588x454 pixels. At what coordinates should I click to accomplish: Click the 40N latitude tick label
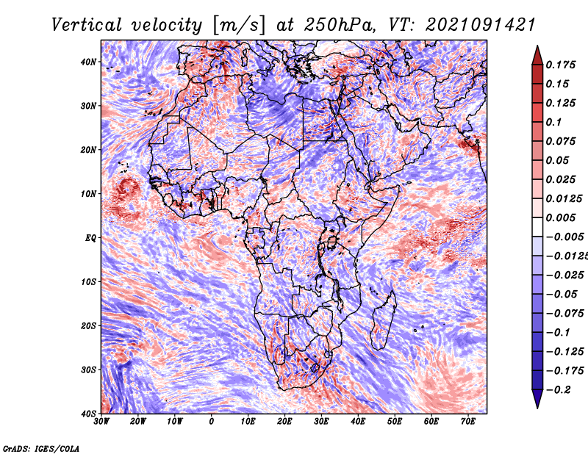88,62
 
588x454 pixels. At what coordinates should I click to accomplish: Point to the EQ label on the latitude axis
90,238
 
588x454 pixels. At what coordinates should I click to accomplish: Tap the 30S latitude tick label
88,370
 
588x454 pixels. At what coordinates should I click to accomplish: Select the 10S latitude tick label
88,282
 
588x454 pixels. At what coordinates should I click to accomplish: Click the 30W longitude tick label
101,422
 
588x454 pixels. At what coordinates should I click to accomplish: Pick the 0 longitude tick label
212,422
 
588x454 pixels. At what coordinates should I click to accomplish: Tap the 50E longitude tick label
395,422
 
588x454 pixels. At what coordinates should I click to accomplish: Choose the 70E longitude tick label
467,422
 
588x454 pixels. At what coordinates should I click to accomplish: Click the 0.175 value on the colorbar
560,65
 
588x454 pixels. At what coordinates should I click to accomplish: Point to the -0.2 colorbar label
559,390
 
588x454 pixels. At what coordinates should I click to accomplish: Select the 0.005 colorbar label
560,217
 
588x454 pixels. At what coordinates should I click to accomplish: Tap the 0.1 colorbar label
553,122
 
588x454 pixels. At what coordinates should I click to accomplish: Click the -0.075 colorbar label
565,314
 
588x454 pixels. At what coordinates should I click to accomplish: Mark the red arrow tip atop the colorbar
537,46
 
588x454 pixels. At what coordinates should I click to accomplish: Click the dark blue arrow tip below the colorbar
537,408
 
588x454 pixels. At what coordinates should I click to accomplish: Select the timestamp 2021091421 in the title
481,25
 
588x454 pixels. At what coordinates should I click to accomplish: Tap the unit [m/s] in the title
238,26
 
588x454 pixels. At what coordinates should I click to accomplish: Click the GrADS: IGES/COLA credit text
41,449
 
